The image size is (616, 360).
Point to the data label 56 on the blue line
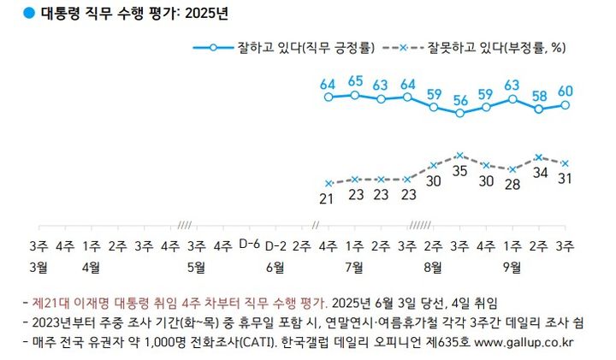[460, 99]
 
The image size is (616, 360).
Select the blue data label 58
[539, 96]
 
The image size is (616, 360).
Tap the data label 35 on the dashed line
[460, 170]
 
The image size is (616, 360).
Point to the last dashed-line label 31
[566, 178]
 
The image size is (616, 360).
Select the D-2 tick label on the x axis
[275, 245]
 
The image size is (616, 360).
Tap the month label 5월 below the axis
[195, 266]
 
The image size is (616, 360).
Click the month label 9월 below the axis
[512, 266]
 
